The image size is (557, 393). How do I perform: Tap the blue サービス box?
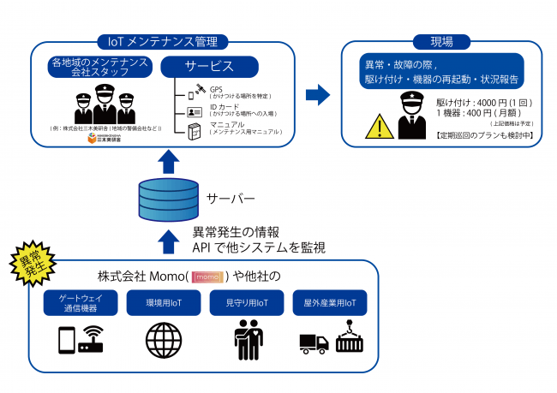(x=209, y=66)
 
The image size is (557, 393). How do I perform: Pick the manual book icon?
(x=195, y=130)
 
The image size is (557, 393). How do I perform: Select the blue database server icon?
(x=161, y=198)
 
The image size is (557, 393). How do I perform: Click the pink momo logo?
(x=208, y=277)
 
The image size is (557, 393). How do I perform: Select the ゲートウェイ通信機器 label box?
(x=78, y=303)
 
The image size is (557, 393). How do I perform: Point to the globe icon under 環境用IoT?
(x=162, y=339)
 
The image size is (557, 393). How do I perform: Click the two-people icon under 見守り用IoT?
(x=246, y=339)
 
